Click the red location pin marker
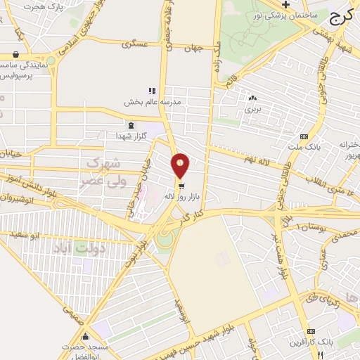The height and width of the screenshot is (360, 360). pos(181,165)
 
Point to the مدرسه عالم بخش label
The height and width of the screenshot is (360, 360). pos(153,102)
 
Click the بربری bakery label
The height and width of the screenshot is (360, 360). pos(252,110)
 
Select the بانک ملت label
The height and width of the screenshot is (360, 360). pos(303,148)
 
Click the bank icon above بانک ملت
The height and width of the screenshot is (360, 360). pos(303,136)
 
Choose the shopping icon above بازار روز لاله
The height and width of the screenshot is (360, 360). pos(181,186)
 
